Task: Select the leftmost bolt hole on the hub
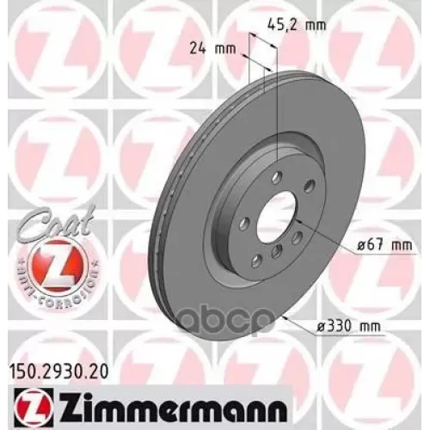point(244,224)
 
